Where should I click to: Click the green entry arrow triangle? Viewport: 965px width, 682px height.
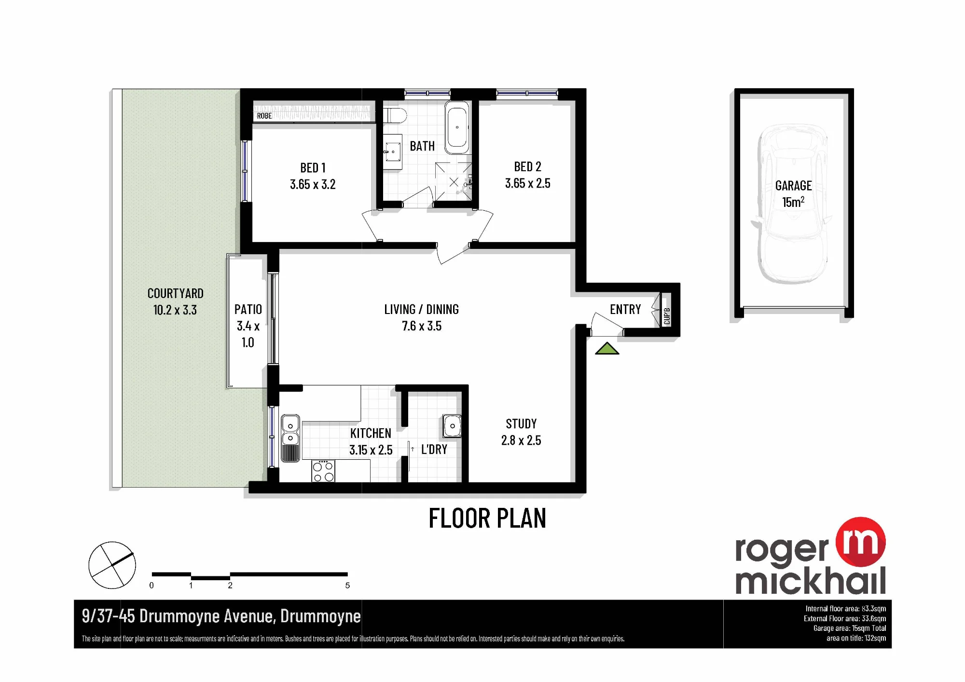[x=607, y=349]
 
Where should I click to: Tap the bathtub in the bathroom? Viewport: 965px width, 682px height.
[x=456, y=127]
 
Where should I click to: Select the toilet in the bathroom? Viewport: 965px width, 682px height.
[x=396, y=116]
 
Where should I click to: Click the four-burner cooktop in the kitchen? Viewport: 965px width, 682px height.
[x=323, y=471]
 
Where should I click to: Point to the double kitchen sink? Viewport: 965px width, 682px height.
[x=290, y=438]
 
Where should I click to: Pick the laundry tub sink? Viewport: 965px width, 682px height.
[x=452, y=426]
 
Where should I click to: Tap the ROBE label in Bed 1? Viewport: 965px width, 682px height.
[x=264, y=116]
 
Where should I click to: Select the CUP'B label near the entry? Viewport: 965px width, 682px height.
[x=667, y=316]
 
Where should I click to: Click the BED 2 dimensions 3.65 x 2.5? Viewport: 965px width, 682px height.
[x=527, y=183]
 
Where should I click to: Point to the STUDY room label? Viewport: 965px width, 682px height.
[x=521, y=424]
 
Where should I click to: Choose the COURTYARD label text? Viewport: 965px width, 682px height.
[x=175, y=293]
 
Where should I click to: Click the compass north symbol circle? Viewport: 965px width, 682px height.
[x=112, y=565]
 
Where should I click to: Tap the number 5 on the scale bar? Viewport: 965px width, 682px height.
[x=347, y=586]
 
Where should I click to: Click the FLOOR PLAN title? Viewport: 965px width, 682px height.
[x=487, y=518]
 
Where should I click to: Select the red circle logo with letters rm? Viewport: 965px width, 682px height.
[x=861, y=542]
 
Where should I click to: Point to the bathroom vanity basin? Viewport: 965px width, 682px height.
[x=393, y=151]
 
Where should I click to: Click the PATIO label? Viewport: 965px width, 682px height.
[x=248, y=309]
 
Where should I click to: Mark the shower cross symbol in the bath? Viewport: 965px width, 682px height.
[x=454, y=182]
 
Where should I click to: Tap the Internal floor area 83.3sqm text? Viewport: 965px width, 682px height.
[x=845, y=609]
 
